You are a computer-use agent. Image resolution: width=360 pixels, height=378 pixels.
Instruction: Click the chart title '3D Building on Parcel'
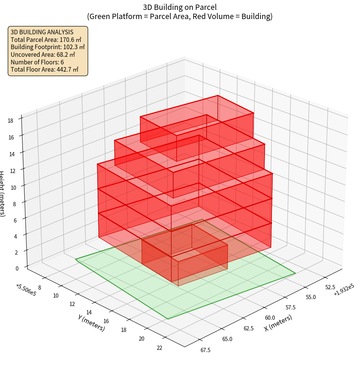click(180, 7)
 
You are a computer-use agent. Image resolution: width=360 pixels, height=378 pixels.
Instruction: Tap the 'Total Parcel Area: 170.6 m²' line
click(46, 39)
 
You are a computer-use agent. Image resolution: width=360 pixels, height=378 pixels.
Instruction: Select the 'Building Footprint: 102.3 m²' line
click(48, 47)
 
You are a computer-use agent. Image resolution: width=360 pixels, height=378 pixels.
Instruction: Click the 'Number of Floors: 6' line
click(37, 62)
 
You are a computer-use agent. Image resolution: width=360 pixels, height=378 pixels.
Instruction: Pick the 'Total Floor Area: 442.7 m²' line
click(45, 70)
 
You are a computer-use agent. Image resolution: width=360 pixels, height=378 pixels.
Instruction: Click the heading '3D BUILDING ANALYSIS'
click(42, 32)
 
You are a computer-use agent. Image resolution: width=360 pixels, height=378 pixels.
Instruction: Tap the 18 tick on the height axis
click(10, 121)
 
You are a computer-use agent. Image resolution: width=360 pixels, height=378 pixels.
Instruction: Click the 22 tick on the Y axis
click(159, 348)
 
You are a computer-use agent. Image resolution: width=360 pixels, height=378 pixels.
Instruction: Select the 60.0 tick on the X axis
click(270, 317)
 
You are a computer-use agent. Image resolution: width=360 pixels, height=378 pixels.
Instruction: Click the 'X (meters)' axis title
click(278, 323)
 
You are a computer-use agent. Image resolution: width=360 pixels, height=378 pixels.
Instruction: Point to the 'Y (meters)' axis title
click(91, 323)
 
